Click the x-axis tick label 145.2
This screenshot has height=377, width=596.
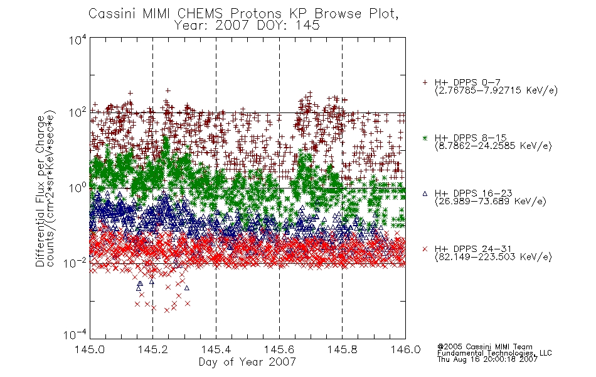tap(153, 349)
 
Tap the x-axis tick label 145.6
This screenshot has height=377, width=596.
tap(279, 349)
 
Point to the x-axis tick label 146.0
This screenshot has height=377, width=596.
tap(405, 349)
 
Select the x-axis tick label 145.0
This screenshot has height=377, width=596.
tap(90, 349)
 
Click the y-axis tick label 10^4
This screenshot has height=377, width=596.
tap(78, 40)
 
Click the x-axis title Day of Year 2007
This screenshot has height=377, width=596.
tap(247, 362)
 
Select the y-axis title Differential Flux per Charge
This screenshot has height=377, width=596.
tap(40, 191)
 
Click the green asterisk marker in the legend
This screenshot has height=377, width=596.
tap(425, 138)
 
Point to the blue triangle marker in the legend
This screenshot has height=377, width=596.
tap(425, 194)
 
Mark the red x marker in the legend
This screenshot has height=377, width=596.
tap(425, 249)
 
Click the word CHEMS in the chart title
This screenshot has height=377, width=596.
tap(200, 14)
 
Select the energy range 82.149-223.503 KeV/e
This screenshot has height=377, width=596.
tap(493, 257)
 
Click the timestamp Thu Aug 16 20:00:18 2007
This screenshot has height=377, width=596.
tap(487, 359)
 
